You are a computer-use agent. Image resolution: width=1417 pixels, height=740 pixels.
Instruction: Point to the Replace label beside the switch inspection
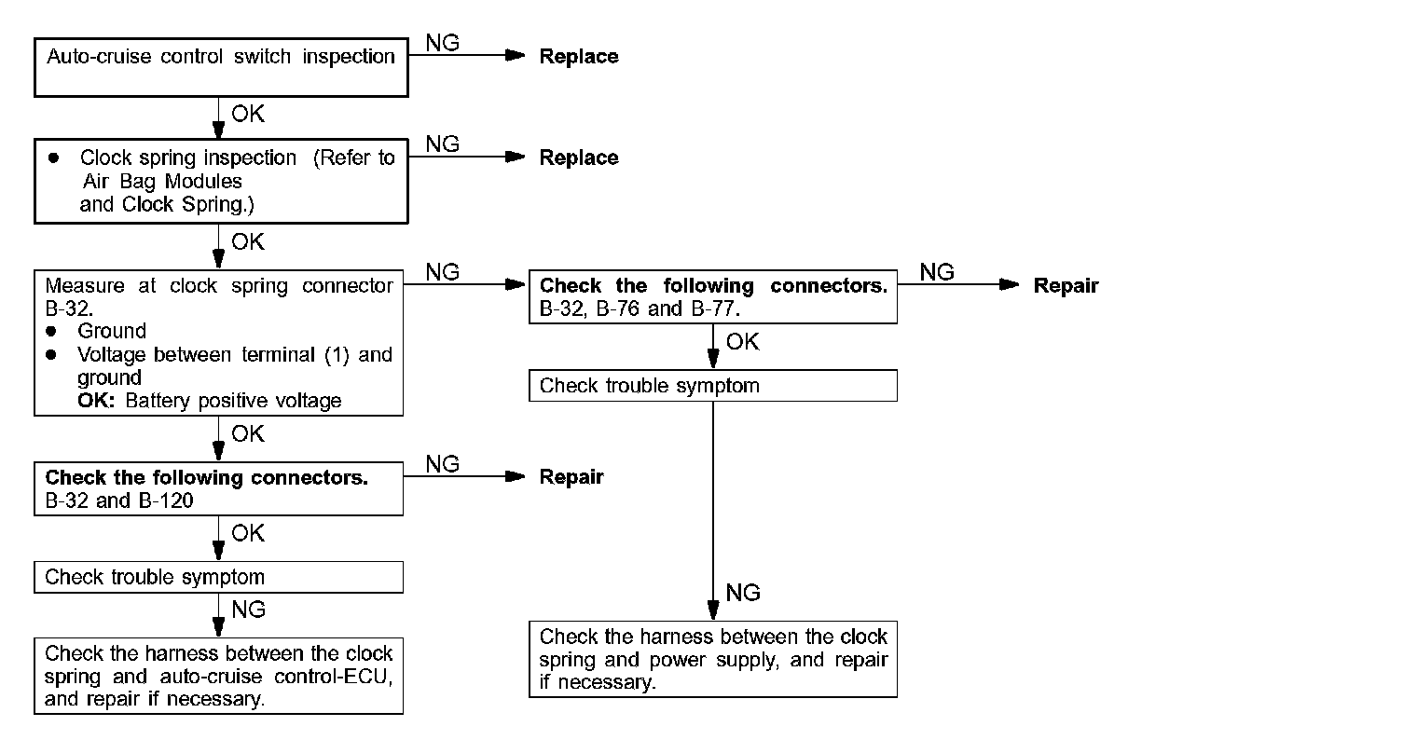point(579,56)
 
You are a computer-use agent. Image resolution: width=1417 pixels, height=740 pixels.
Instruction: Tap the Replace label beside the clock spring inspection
point(579,158)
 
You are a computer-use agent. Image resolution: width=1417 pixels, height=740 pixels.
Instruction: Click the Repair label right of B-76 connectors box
point(1066,286)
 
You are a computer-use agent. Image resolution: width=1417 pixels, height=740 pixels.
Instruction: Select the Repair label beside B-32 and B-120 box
point(571,477)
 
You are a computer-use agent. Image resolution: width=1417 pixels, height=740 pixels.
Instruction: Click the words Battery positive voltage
point(233,401)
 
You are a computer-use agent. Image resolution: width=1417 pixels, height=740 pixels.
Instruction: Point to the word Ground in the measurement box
point(112,331)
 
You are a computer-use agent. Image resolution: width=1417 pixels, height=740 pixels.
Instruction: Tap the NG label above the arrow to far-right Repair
point(937,272)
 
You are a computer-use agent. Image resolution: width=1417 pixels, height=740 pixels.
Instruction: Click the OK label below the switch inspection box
point(248,114)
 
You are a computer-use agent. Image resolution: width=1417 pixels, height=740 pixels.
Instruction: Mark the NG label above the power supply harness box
point(743,593)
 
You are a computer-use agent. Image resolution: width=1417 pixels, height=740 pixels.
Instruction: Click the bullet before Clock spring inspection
point(54,158)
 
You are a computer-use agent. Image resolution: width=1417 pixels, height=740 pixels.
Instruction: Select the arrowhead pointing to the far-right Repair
point(1010,284)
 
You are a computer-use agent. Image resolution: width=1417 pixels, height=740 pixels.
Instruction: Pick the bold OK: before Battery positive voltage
point(96,401)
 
